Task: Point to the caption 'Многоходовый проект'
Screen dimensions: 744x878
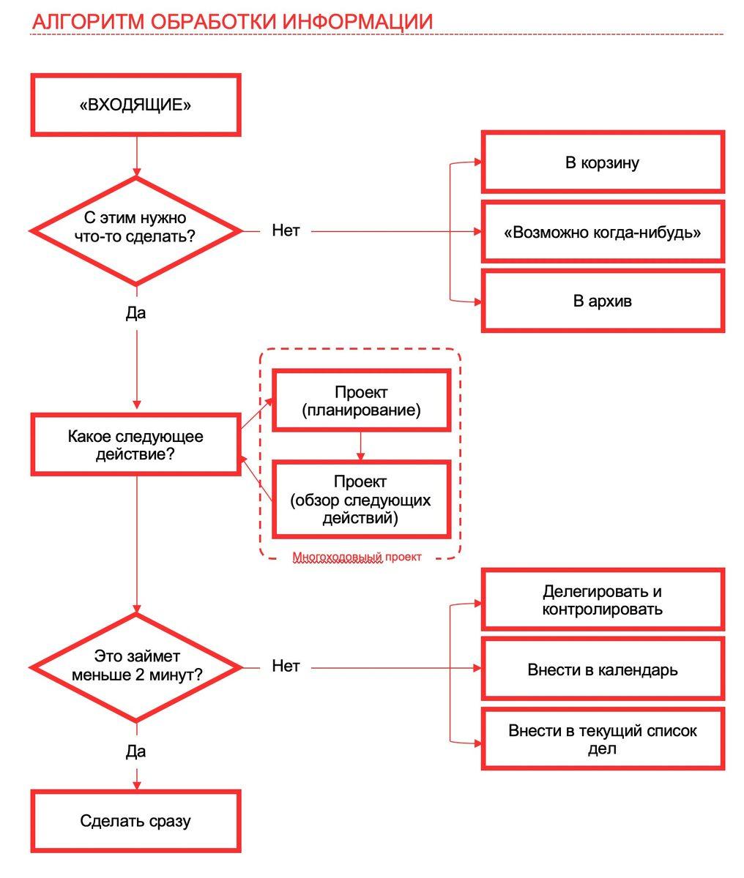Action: point(357,557)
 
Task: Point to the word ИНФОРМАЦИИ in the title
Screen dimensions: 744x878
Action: point(357,21)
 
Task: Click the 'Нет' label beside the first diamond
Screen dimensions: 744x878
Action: point(286,230)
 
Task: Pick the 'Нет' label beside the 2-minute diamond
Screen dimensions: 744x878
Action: point(286,666)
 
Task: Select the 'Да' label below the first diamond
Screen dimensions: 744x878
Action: point(135,313)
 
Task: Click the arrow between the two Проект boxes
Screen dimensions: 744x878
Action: point(360,446)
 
